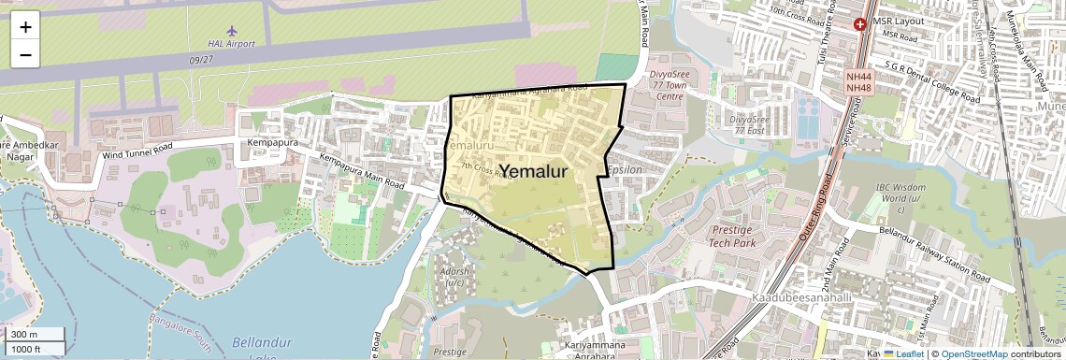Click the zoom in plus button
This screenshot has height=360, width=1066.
coord(25,27)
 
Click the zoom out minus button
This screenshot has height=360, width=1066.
coord(25,54)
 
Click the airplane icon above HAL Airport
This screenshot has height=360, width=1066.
coord(232,31)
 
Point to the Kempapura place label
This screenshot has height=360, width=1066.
coord(271,143)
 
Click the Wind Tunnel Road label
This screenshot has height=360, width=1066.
coord(137,149)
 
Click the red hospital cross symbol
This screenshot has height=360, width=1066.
coord(859,23)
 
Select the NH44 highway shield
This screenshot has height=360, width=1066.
coord(857,77)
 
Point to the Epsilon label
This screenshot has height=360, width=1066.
coord(625,171)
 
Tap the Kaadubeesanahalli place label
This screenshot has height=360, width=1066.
coord(799,296)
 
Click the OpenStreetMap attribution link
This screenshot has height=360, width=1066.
coord(973,354)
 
